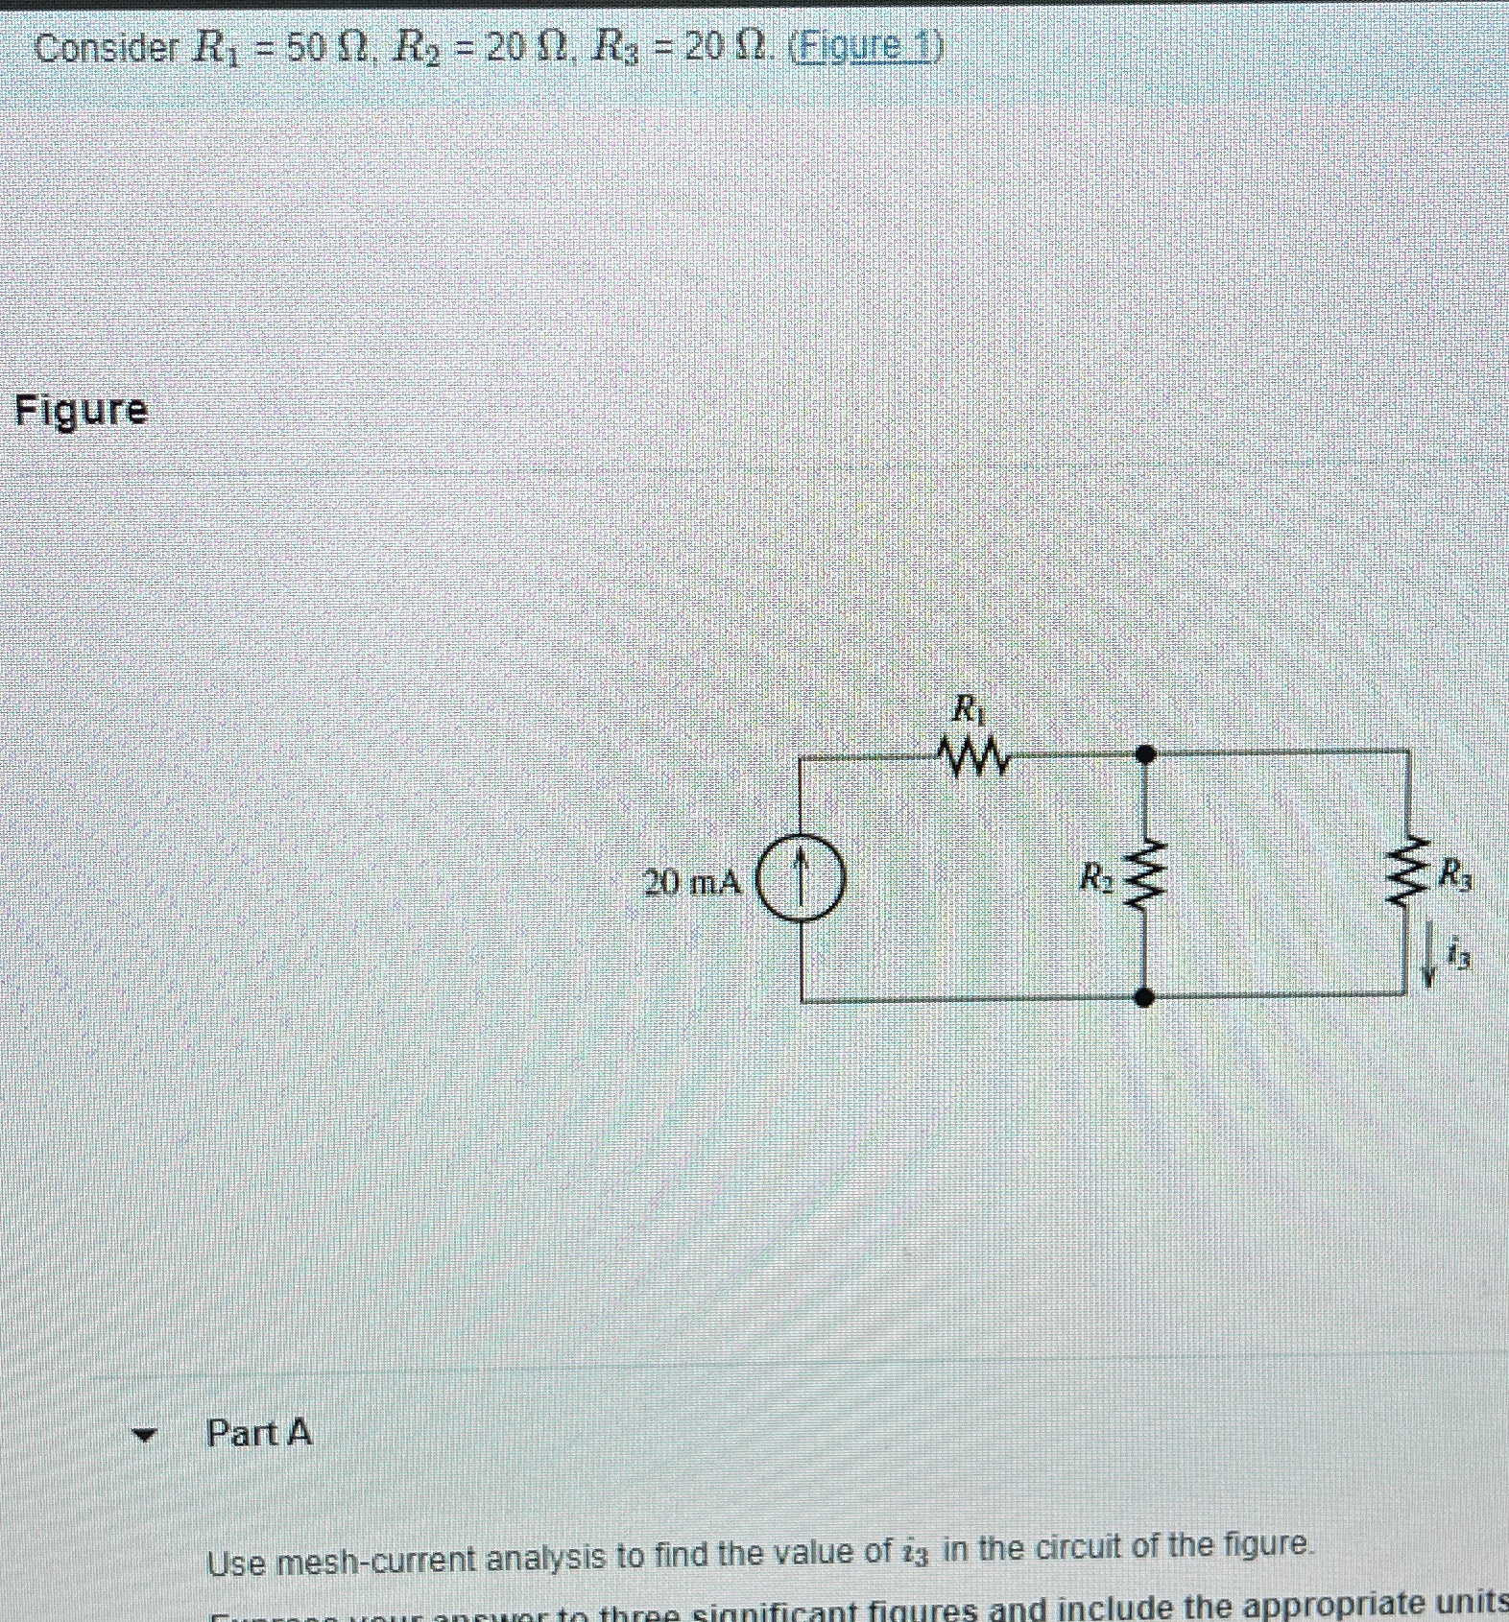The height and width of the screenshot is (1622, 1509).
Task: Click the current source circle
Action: pos(802,879)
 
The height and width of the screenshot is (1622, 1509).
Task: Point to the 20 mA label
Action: pos(692,882)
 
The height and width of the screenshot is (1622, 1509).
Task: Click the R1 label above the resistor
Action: pos(967,710)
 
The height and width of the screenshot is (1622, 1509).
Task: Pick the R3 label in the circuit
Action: pos(1453,873)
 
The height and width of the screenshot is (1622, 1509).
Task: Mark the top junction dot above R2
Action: pos(1144,753)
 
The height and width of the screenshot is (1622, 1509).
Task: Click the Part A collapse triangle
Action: pos(144,1436)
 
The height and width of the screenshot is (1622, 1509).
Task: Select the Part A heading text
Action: pos(259,1433)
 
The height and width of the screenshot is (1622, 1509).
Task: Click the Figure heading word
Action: pos(82,411)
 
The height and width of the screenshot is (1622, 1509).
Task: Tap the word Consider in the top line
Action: pos(105,47)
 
